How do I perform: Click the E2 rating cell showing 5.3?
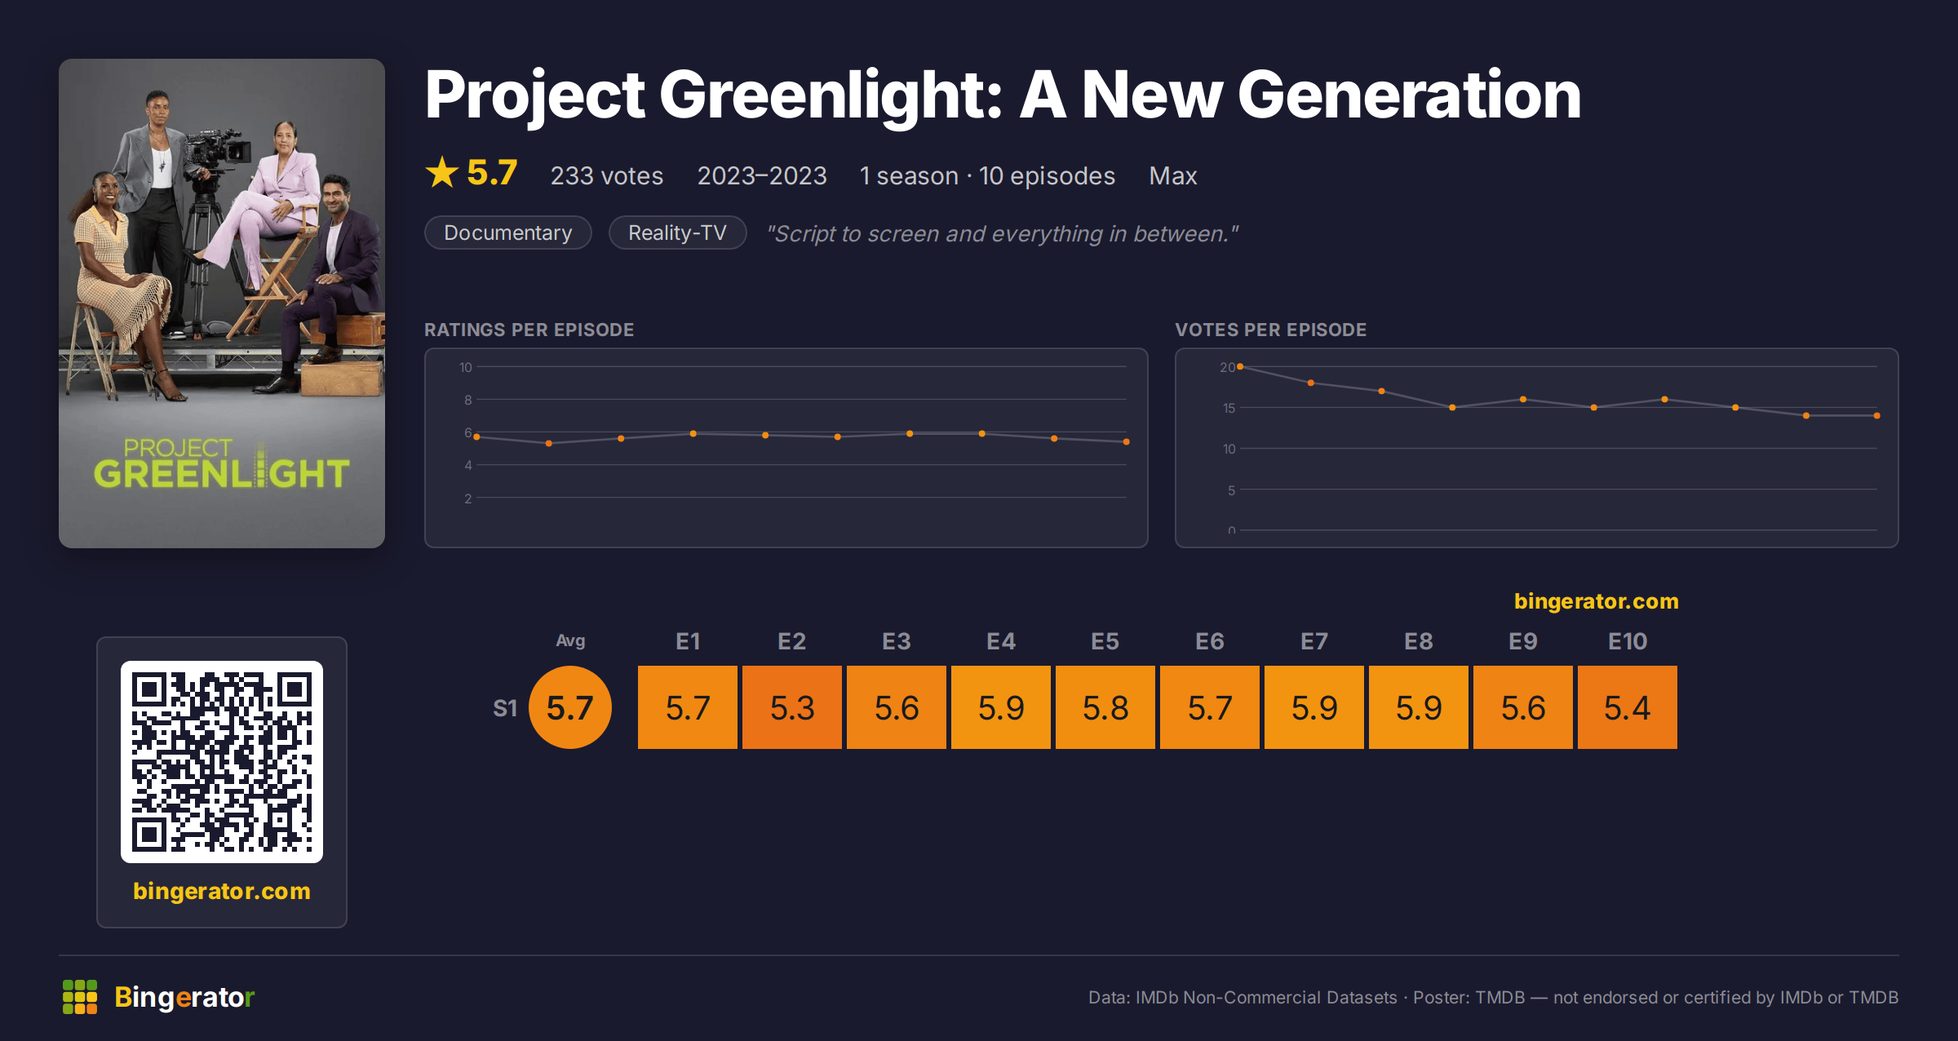tap(792, 707)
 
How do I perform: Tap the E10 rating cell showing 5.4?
tap(1628, 707)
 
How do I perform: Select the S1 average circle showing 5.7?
tap(570, 707)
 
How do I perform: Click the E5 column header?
tap(1105, 641)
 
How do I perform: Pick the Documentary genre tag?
tap(508, 233)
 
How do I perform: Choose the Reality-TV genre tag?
tap(677, 233)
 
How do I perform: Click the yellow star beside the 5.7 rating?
tap(442, 172)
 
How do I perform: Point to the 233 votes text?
tap(607, 175)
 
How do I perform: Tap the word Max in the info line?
tap(1173, 175)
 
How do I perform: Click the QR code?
tap(222, 762)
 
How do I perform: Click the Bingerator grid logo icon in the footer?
tap(80, 997)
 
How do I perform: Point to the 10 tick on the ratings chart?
tap(466, 367)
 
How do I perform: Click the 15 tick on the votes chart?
tap(1229, 408)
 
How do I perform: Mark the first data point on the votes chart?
tap(1240, 366)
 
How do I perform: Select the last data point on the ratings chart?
tap(1127, 441)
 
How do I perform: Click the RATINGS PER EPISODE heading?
tap(529, 330)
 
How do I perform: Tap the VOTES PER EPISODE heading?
tap(1270, 330)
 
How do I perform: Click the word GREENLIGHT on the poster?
tap(222, 473)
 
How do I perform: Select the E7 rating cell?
tap(1314, 707)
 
